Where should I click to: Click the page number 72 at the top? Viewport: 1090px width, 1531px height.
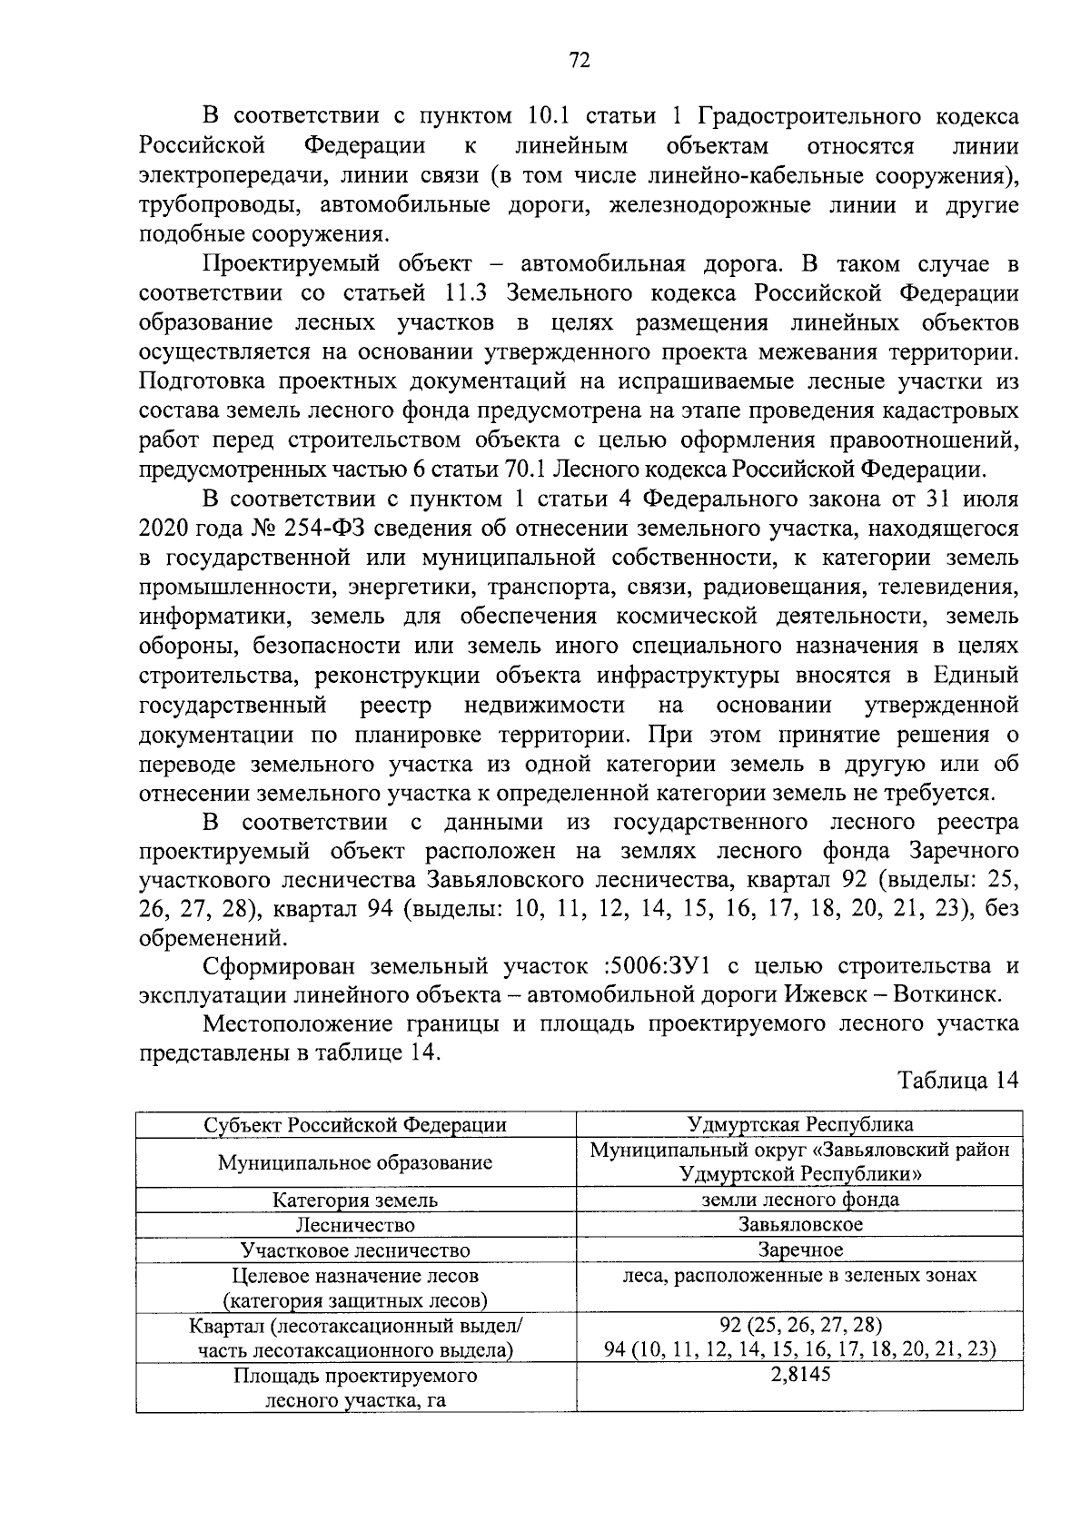point(580,61)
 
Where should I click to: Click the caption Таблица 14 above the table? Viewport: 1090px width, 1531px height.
point(957,1081)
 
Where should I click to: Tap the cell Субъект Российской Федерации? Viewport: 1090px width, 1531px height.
point(355,1125)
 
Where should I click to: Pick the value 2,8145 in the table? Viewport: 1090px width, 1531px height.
point(799,1374)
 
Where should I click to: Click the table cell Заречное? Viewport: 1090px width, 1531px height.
point(799,1249)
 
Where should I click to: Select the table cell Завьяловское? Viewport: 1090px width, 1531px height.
point(799,1224)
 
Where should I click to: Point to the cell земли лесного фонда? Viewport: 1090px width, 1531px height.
point(799,1200)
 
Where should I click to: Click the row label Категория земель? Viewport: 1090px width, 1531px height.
point(355,1200)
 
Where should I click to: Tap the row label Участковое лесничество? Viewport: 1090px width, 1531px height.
point(355,1249)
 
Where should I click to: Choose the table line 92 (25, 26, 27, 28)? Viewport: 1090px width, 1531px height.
point(799,1324)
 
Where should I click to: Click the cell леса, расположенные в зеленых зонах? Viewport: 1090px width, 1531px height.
point(799,1275)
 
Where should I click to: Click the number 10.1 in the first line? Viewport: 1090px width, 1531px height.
point(548,117)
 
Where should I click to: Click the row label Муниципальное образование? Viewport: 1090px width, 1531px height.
point(355,1162)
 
